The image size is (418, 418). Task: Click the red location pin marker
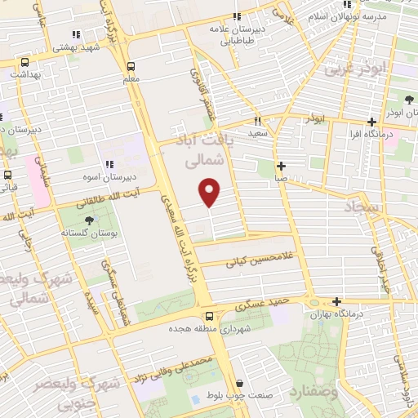(210, 193)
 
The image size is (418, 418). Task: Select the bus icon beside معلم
(131, 67)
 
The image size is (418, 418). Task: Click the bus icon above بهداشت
(25, 62)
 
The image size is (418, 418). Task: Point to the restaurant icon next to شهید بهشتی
(76, 35)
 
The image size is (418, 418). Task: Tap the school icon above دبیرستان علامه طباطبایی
(237, 17)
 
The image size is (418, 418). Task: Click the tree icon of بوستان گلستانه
(89, 220)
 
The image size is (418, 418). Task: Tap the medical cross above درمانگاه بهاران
(336, 301)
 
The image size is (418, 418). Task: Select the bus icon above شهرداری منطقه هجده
(209, 317)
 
